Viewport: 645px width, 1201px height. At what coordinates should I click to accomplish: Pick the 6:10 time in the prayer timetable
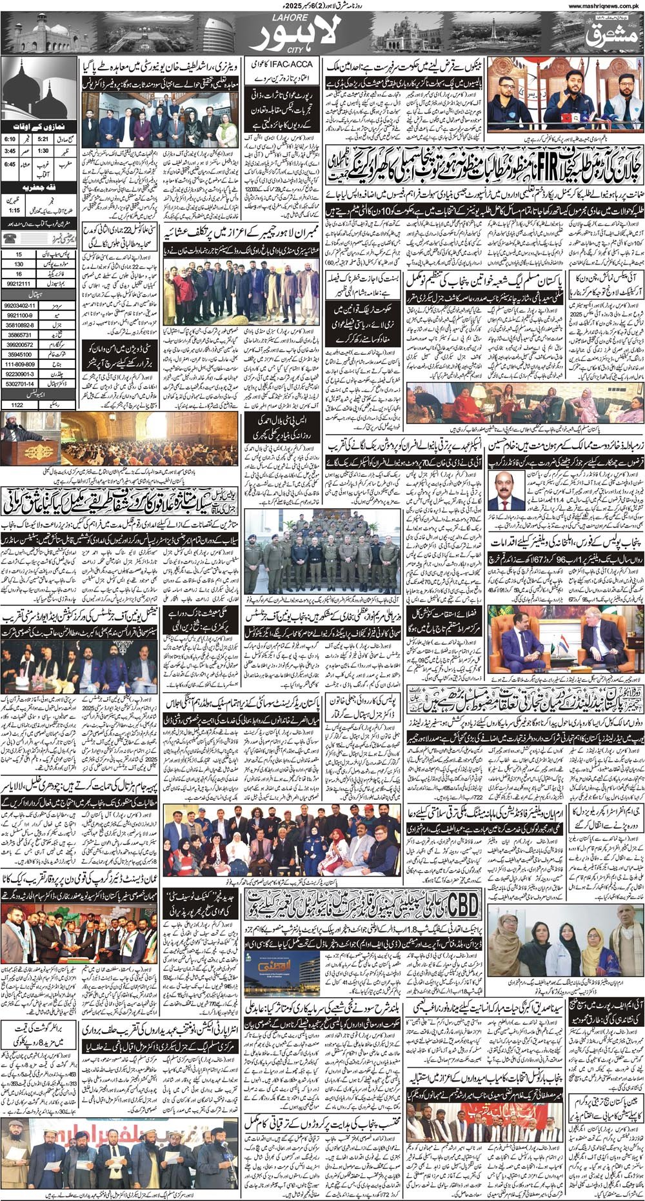pyautogui.click(x=10, y=138)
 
